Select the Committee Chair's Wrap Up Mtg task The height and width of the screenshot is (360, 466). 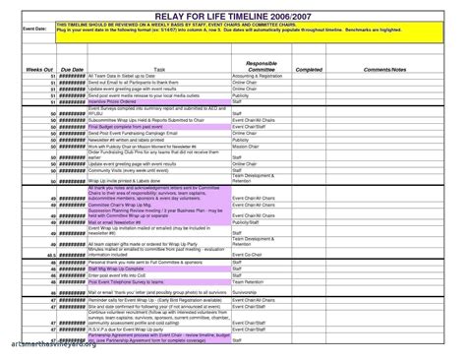[122, 205]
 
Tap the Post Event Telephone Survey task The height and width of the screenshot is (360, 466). [120, 279]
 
